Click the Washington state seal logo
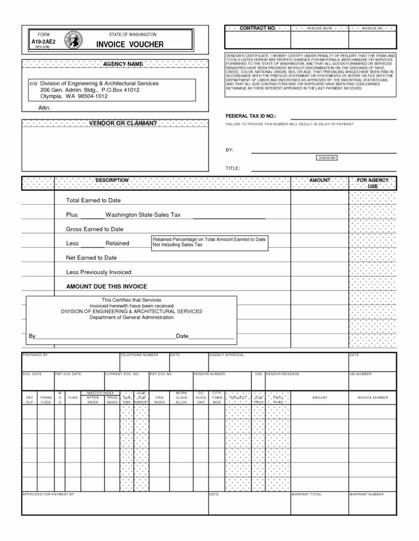(x=75, y=40)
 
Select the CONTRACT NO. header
(x=258, y=28)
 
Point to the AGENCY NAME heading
(x=123, y=64)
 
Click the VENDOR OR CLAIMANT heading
(x=123, y=123)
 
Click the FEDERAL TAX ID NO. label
(x=251, y=115)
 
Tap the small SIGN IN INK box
(x=327, y=158)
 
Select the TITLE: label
(x=232, y=168)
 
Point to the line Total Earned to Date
(x=93, y=200)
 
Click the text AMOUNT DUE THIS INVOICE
(x=107, y=286)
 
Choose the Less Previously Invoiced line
(x=99, y=272)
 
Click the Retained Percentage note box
(x=209, y=241)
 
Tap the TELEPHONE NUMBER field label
(x=139, y=355)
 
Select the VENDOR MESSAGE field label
(x=283, y=374)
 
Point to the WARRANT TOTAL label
(x=307, y=494)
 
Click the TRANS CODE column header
(x=46, y=399)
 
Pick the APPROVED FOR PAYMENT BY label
(x=48, y=494)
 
